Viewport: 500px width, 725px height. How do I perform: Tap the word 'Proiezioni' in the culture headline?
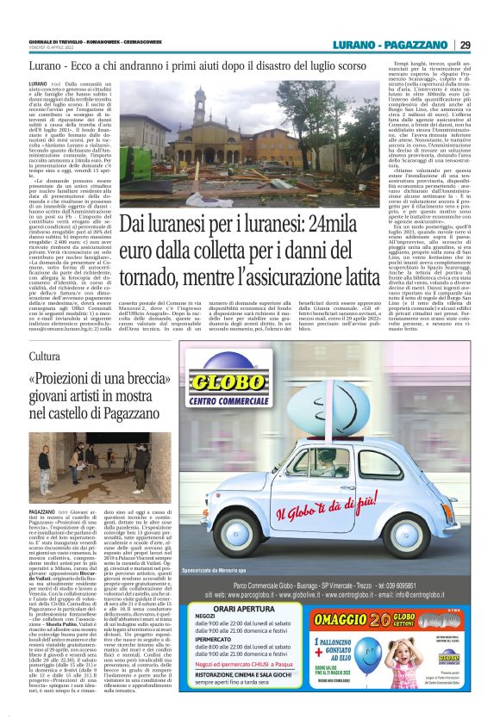[x=71, y=380]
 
